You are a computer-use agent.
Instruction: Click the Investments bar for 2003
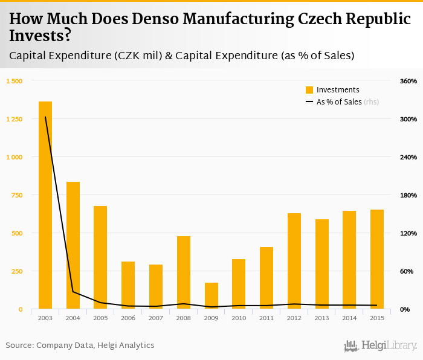coord(45,205)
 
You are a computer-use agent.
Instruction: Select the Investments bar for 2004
coord(73,245)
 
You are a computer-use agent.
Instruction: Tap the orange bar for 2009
coord(211,296)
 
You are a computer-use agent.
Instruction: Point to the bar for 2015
coord(377,259)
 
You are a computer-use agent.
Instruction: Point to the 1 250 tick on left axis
coord(14,119)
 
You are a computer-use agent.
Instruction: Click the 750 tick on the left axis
coord(16,195)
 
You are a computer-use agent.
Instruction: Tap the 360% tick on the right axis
coord(408,81)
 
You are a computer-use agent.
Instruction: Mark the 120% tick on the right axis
coord(408,233)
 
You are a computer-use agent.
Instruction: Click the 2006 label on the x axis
coord(128,318)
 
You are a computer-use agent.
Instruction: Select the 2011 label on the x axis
coord(266,318)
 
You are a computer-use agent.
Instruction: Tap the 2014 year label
coord(349,318)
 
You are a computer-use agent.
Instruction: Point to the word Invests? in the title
coord(40,36)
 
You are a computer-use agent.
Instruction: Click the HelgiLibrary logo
coord(381,346)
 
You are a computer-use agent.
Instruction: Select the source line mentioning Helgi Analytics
coord(80,346)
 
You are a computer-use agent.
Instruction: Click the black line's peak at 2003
coord(45,117)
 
